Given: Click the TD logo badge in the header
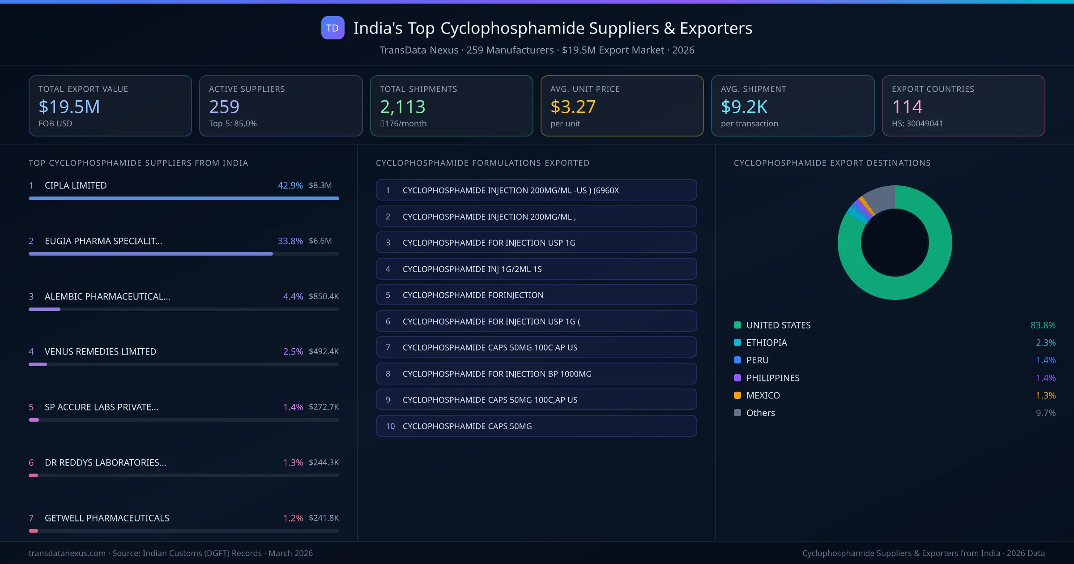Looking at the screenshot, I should coord(332,28).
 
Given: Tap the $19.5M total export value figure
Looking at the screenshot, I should coord(69,107).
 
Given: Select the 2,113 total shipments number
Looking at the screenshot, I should coord(402,107).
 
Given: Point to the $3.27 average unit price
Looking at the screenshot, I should coord(573,107).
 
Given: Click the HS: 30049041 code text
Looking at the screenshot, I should coord(917,124).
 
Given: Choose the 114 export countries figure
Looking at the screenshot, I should coord(907,107).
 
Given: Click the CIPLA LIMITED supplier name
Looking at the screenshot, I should coord(76,185).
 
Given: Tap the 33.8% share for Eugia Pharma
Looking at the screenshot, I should coord(290,241).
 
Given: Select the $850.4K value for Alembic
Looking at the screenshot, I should coord(324,296).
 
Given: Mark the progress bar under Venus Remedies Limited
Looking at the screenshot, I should coord(183,364).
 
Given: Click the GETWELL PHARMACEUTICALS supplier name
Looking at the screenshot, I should coord(107,518).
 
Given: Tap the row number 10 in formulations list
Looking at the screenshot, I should coord(390,426).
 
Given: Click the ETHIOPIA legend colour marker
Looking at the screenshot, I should coord(737,342).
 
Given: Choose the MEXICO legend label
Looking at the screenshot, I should coord(763,395).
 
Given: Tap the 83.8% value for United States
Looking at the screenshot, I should coord(1043,325).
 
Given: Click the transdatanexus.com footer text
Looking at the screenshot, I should coord(67,553).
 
